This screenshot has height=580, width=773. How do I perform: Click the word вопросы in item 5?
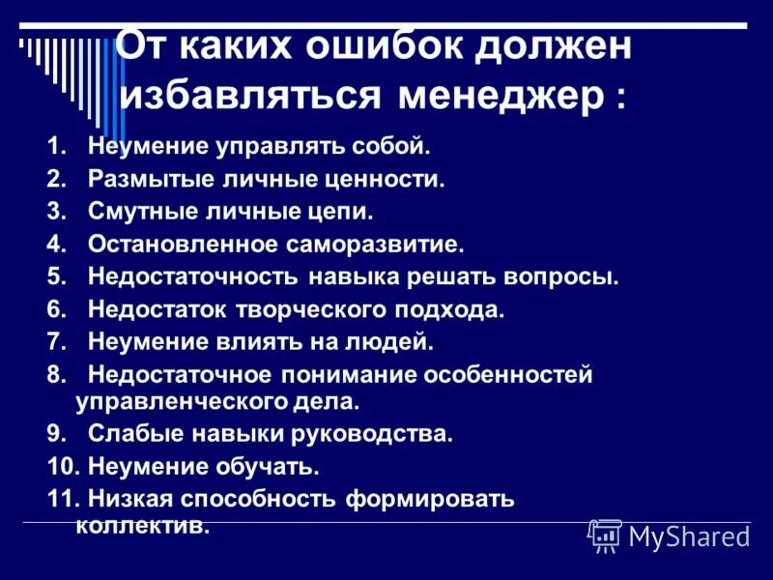(559, 276)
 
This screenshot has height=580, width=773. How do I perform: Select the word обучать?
(265, 467)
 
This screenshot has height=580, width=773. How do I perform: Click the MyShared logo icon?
(605, 535)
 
